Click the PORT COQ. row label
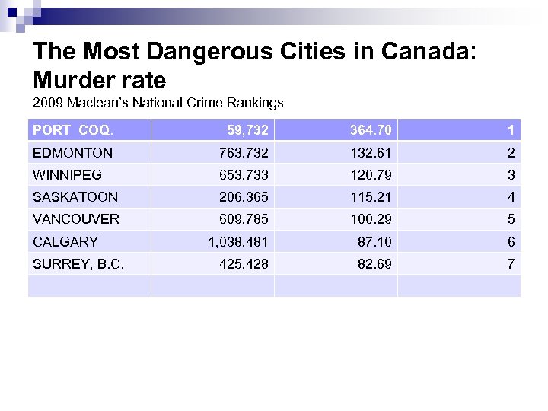coord(72,130)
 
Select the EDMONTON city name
coord(72,153)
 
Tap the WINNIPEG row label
coord(67,175)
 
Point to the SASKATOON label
coord(75,197)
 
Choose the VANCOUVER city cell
coord(76,219)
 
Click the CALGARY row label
coord(65,242)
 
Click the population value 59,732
coord(248,130)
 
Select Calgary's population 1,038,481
coord(238,242)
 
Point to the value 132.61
coord(371,153)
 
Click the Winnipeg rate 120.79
coord(371,175)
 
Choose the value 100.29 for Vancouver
coord(371,219)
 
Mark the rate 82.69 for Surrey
coord(374,264)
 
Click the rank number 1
coord(511,130)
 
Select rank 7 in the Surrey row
coord(511,264)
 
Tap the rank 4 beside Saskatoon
coord(511,197)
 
